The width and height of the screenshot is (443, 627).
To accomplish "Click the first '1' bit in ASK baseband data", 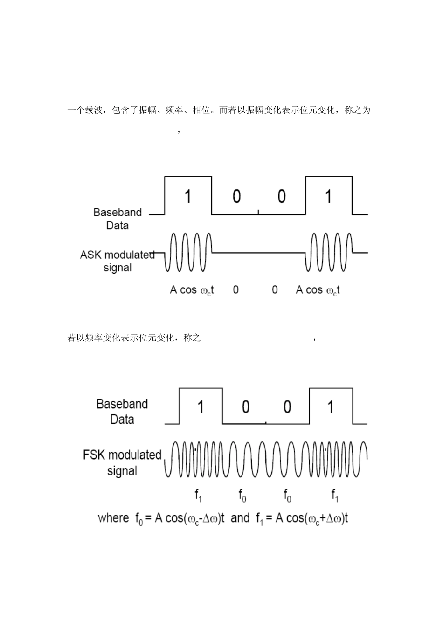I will [188, 196].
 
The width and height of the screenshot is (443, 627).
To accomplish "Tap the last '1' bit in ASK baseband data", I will [329, 196].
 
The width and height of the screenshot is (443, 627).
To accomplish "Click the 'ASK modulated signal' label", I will [118, 261].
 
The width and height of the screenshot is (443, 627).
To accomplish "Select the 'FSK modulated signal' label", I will [122, 462].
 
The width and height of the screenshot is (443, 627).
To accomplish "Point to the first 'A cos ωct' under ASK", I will [192, 290].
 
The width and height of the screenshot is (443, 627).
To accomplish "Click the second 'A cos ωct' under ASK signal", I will [318, 290].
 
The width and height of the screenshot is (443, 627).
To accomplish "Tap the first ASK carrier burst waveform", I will [187, 252].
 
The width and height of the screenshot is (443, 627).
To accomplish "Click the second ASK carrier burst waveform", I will [329, 252].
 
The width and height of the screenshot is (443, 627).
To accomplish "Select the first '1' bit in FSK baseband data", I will [201, 407].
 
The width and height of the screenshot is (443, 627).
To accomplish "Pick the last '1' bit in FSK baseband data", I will [331, 407].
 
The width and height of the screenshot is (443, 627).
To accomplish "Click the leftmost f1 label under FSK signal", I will [198, 495].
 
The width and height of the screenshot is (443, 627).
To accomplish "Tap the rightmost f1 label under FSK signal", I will [335, 495].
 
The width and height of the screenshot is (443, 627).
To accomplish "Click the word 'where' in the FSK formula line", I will [113, 518].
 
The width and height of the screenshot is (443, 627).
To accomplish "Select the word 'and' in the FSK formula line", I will [240, 518].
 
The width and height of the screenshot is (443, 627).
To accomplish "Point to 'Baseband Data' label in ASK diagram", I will [118, 219].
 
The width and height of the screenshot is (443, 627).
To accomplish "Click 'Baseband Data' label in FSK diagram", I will [122, 411].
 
